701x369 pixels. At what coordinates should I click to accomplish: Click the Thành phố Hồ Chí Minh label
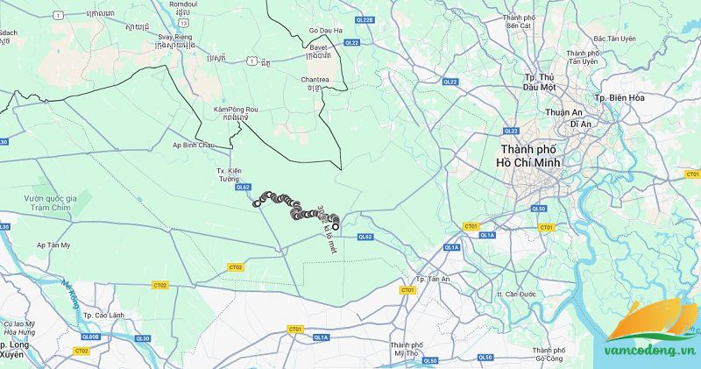tap(529, 157)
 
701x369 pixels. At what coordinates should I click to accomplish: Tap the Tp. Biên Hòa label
tap(620, 97)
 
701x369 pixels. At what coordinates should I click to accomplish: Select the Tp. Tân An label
tap(433, 279)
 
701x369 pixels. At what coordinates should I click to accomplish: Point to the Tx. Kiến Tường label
tap(228, 172)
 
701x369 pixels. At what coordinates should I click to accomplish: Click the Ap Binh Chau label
tap(193, 145)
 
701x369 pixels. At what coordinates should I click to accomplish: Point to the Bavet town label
tap(319, 50)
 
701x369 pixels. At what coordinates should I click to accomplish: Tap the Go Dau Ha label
tap(325, 32)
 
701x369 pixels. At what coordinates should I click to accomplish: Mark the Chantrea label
tap(315, 80)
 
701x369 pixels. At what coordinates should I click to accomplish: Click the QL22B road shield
tap(364, 18)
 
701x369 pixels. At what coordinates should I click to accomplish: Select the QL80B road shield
tap(90, 337)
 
